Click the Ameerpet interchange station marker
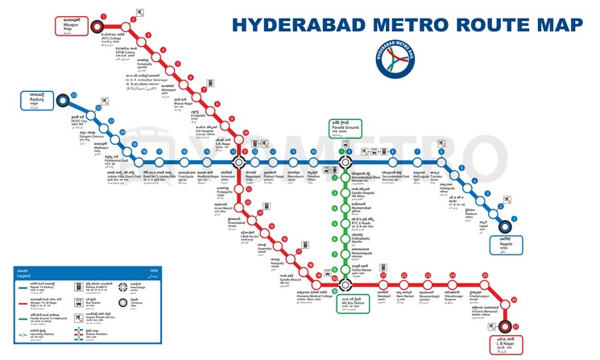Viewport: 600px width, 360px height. (239, 162)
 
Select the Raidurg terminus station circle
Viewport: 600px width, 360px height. (62, 102)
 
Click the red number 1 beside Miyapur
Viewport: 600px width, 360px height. (104, 15)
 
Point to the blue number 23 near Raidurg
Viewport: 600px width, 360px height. (74, 95)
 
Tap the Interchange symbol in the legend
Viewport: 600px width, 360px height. (124, 288)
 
